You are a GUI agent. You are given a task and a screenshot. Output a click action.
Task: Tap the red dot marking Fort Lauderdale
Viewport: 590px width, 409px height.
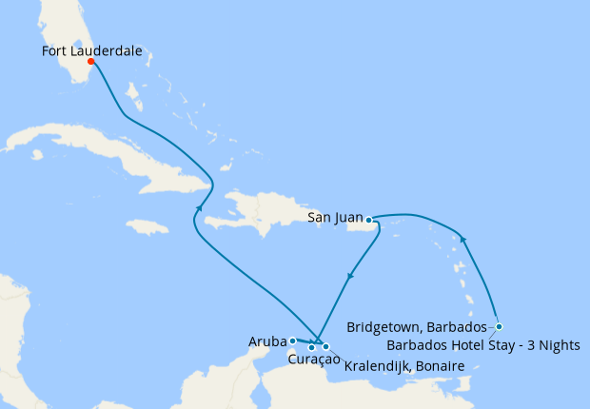coord(91,62)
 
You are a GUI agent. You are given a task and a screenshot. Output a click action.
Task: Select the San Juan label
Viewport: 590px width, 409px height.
coord(336,218)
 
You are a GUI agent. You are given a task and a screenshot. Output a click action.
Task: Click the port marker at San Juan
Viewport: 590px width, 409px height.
coord(368,220)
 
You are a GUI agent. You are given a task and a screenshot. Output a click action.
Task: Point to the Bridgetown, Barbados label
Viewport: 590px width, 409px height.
coord(417,326)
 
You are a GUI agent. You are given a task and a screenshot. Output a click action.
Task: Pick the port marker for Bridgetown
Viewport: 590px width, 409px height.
coord(498,326)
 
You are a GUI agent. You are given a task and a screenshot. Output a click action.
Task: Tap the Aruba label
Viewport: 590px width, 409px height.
coord(267,340)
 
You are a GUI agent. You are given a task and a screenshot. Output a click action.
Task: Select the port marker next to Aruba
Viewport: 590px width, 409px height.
coord(292,340)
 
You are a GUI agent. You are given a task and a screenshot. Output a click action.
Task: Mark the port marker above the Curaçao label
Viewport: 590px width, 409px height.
coord(311,347)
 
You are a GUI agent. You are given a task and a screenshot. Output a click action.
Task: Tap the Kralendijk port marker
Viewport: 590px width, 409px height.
coord(325,346)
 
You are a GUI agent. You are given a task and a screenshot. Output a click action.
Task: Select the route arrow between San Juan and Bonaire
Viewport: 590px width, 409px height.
coord(350,276)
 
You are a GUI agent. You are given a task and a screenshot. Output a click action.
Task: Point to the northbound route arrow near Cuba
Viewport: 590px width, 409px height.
coord(198,207)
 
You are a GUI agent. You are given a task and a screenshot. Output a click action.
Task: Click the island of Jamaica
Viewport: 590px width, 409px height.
coord(147,226)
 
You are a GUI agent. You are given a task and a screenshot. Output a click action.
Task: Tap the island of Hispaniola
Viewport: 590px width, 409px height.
coord(252,214)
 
